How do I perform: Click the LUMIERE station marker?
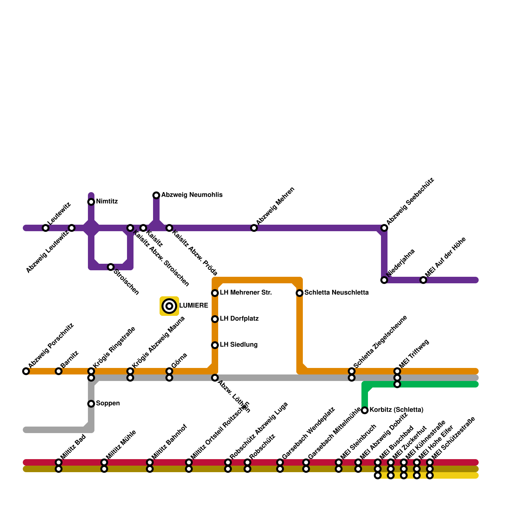[x=169, y=306]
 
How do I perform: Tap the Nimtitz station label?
[x=107, y=202]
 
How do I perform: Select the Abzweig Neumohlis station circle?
[x=156, y=195]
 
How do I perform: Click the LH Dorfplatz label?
[x=239, y=319]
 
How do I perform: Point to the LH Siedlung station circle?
[x=215, y=345]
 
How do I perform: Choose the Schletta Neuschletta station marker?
[x=300, y=293]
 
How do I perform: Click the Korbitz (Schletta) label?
[x=396, y=410]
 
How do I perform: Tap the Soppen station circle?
[x=91, y=404]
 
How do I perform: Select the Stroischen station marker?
[x=111, y=267]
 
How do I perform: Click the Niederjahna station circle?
[x=384, y=280]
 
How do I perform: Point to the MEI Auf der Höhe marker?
[x=423, y=280]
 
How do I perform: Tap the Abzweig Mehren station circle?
[x=254, y=228]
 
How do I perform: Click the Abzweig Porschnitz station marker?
[x=26, y=371]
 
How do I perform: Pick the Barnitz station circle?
[x=59, y=371]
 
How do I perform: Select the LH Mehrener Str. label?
[x=246, y=293]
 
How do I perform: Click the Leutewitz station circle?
[x=46, y=228]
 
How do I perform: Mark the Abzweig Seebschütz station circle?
[x=384, y=228]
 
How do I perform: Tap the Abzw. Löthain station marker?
[x=215, y=378]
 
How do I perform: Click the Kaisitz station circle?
[x=143, y=228]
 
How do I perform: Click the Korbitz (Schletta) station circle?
[x=365, y=410]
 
